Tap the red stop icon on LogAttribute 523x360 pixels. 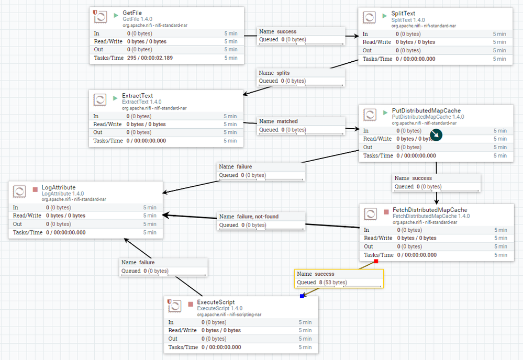pyautogui.click(x=35, y=188)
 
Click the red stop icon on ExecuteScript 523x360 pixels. pyautogui.click(x=191, y=303)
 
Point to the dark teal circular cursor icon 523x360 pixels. pyautogui.click(x=436, y=136)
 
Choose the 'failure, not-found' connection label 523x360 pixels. pyautogui.click(x=249, y=217)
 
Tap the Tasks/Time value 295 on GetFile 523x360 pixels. pyautogui.click(x=133, y=58)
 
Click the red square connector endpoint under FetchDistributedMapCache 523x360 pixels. pyautogui.click(x=376, y=262)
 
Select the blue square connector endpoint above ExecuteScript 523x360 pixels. pyautogui.click(x=302, y=296)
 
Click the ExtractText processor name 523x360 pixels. pyautogui.click(x=137, y=96)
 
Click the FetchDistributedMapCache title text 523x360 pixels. pyautogui.click(x=430, y=210)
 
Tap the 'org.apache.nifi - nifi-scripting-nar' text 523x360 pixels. pyautogui.click(x=229, y=314)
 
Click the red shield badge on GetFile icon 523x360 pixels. pyautogui.click(x=95, y=12)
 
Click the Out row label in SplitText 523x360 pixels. pyautogui.click(x=368, y=50)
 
